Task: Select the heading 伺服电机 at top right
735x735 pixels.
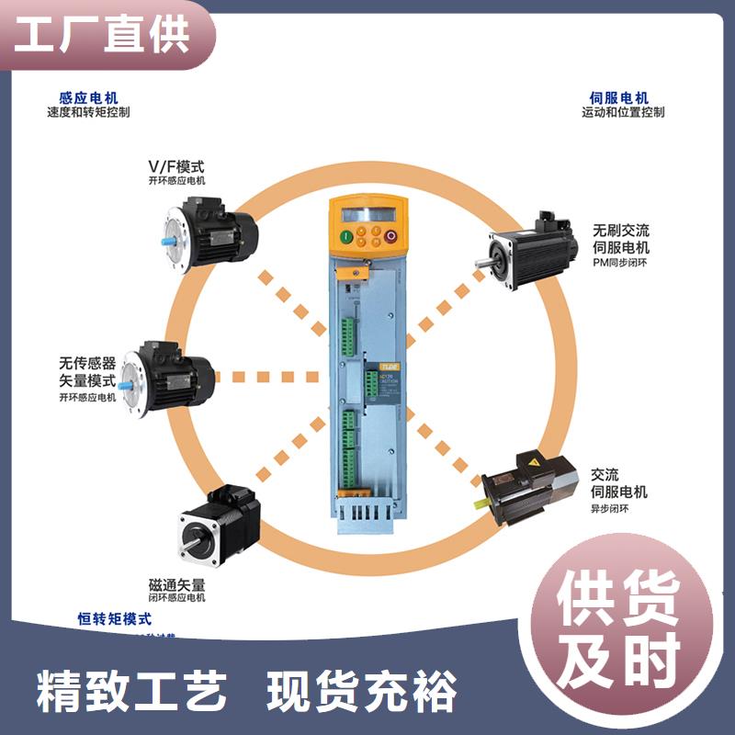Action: [619, 96]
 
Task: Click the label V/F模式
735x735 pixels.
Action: [176, 166]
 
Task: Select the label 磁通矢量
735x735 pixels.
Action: [176, 583]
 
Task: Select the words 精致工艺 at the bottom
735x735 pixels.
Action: [131, 693]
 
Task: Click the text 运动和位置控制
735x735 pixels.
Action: [622, 112]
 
